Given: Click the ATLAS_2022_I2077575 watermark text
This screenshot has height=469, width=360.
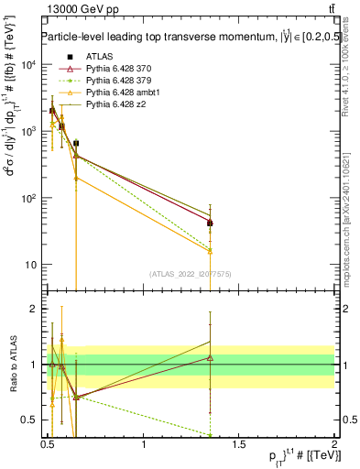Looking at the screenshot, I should point(190,274).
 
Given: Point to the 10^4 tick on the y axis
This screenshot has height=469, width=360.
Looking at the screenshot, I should point(28,64).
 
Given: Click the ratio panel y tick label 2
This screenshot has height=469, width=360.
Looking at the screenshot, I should point(36,309).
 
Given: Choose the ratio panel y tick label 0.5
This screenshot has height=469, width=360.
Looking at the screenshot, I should point(31,420).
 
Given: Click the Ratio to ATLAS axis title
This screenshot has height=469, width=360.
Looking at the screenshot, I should point(11,365).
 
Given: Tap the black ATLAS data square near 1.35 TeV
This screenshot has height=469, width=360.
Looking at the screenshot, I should point(210,223).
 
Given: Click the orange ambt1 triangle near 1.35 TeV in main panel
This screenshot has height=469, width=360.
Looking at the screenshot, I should point(210,250).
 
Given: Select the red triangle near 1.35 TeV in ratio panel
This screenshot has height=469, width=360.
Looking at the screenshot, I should point(210,357).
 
